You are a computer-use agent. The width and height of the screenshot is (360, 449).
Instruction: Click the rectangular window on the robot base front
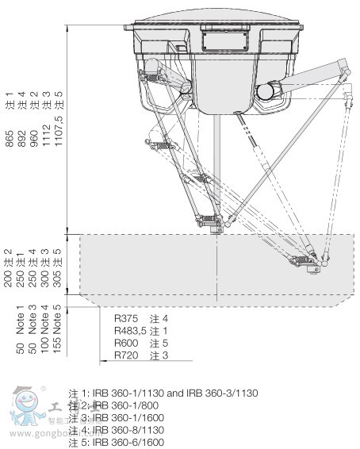tap(219, 37)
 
